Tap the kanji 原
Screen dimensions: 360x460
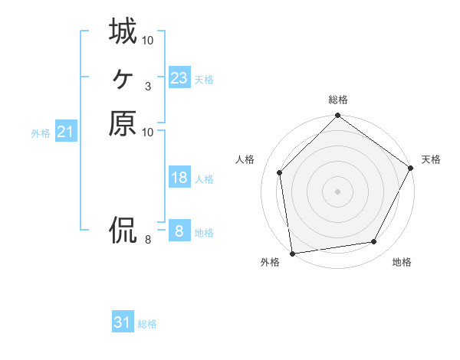click(123, 123)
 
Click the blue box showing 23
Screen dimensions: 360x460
click(179, 78)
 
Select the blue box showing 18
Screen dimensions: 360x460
click(179, 178)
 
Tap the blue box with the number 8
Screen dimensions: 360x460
click(179, 231)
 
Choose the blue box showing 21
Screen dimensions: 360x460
click(66, 132)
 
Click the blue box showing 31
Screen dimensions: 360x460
click(123, 322)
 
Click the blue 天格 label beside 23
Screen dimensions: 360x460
click(204, 80)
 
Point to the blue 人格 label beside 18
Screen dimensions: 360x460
click(204, 179)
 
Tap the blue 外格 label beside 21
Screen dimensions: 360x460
click(41, 133)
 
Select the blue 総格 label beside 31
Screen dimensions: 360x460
click(147, 324)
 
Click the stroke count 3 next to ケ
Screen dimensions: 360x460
click(147, 86)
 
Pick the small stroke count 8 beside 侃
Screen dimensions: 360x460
click(147, 240)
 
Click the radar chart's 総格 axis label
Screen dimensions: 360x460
click(338, 100)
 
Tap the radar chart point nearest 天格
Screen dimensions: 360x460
click(411, 168)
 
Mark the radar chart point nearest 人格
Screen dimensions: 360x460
click(280, 172)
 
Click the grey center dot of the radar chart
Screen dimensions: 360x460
click(338, 191)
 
